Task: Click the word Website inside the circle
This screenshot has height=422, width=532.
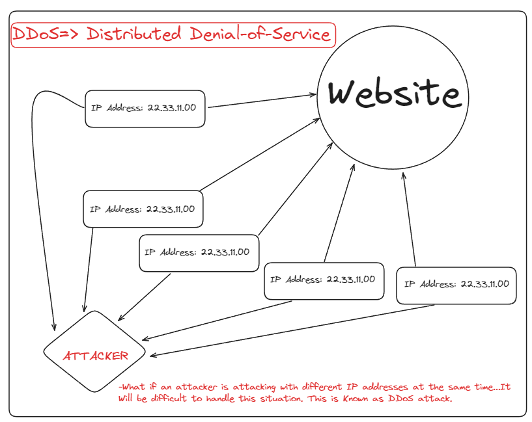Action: [394, 94]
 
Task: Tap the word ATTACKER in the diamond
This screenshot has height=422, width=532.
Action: [95, 356]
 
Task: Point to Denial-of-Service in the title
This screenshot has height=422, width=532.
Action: [260, 34]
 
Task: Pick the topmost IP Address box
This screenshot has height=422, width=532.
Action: [146, 108]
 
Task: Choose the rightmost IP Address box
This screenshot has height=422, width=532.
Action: [456, 285]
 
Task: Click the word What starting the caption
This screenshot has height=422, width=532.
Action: [132, 387]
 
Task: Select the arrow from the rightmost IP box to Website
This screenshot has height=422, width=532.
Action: [409, 221]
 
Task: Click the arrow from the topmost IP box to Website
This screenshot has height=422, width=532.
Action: [260, 101]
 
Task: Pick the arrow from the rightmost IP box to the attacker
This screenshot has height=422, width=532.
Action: [293, 330]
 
